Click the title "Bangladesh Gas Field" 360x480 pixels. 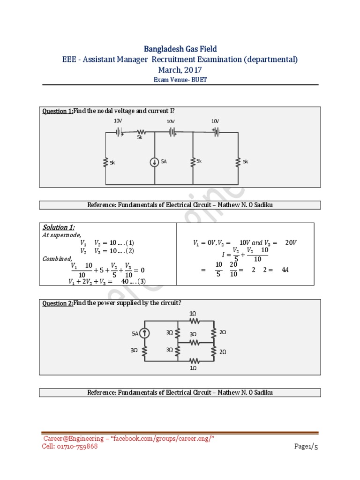point(180,49)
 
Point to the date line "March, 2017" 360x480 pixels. point(180,70)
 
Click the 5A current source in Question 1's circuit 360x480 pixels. point(154,162)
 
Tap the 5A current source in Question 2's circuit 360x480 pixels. point(145,333)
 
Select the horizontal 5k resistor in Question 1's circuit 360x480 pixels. point(140,132)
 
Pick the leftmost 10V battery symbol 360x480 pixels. point(119,132)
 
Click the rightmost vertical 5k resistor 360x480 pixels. point(238,162)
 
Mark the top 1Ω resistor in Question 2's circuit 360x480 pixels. point(193,321)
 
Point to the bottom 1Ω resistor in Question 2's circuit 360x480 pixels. point(193,360)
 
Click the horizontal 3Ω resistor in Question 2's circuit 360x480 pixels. point(193,342)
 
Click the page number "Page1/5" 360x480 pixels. point(306,447)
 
